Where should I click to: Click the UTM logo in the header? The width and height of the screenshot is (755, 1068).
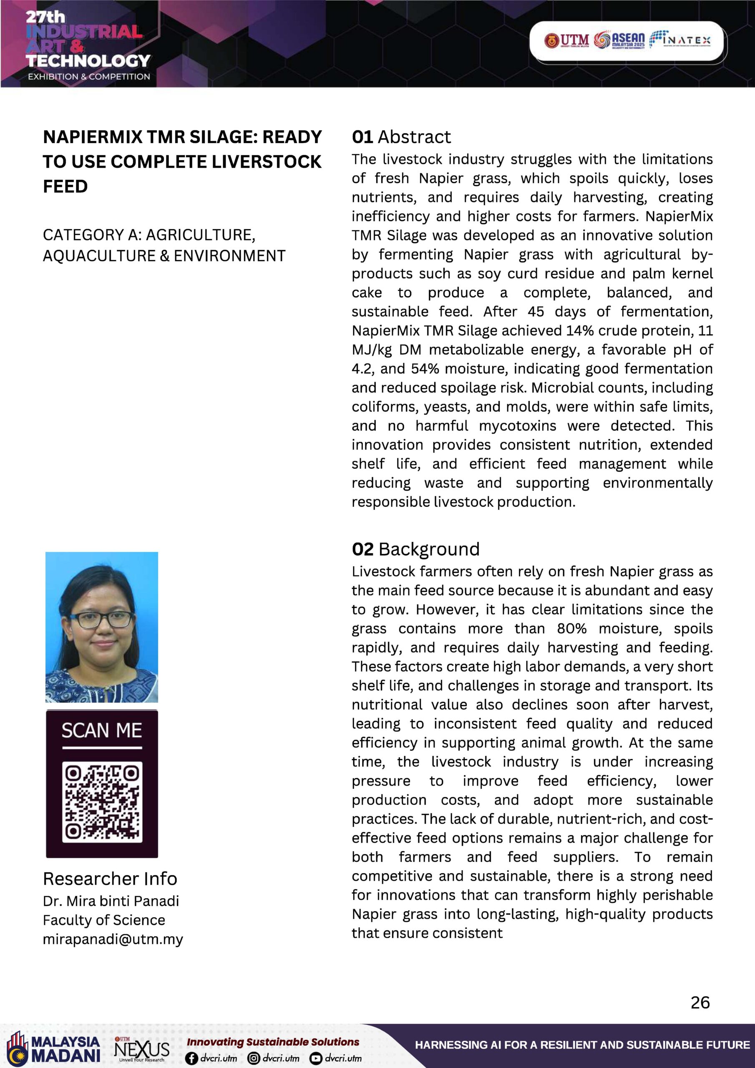coord(566,40)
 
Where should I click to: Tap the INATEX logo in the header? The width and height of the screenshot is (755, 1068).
coord(679,40)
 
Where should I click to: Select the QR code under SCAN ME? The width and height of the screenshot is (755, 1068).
coord(102,802)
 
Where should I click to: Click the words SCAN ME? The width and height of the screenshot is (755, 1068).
coord(102,731)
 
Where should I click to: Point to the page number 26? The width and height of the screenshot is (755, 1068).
coord(700,1003)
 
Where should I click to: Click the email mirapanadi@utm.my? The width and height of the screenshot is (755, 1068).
coord(113,939)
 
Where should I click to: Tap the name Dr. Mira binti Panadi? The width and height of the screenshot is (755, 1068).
coord(111,901)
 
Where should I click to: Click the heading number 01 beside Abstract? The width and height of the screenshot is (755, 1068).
coord(362,137)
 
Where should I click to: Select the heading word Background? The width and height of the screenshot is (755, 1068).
coord(429,549)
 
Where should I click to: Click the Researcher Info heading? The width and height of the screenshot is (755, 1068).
coord(110,879)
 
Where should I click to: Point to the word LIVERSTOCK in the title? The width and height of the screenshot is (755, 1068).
coord(267,162)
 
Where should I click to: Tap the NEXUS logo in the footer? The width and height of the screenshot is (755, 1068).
coord(141,1050)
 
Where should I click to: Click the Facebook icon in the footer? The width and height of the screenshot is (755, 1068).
coord(191,1059)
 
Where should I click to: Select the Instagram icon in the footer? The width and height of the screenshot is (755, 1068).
coord(254,1059)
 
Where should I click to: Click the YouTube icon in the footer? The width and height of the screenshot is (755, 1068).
coord(316,1059)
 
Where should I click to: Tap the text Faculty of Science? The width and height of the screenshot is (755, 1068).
coord(104,920)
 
